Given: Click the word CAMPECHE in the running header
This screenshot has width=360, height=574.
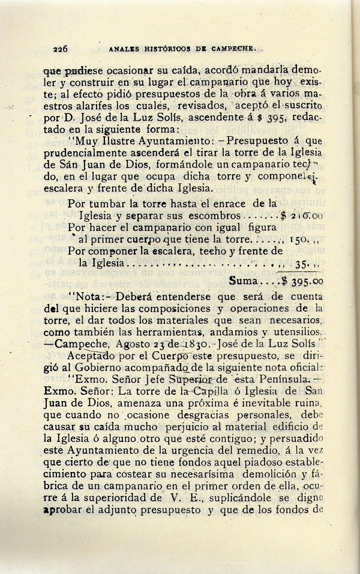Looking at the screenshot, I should [x=234, y=50].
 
